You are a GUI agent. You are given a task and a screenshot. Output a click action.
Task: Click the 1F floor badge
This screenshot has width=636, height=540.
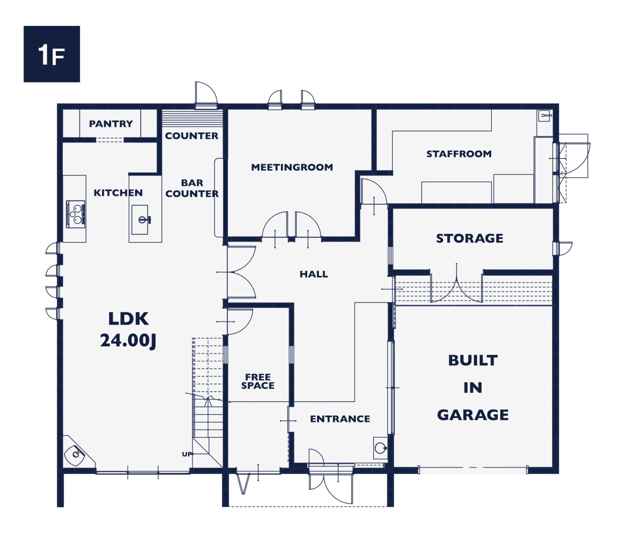click(52, 54)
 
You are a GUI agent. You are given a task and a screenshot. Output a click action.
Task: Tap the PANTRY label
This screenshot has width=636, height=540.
click(111, 123)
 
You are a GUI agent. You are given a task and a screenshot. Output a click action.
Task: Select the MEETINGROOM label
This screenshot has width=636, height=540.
click(292, 167)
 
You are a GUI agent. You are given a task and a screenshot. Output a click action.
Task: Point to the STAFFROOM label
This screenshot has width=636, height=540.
click(459, 154)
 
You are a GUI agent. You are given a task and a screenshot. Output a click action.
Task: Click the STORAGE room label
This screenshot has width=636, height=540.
click(470, 238)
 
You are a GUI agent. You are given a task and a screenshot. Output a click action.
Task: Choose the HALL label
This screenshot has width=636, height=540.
click(313, 274)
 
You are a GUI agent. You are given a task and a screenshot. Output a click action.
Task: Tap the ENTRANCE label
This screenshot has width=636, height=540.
click(340, 419)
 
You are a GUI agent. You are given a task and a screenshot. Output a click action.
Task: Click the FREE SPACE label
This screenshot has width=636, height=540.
click(258, 381)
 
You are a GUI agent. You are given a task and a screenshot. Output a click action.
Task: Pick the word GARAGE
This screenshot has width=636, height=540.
click(472, 414)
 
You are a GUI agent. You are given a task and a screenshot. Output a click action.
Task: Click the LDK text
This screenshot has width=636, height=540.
click(128, 319)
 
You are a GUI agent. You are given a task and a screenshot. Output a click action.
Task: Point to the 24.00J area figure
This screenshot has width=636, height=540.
click(128, 340)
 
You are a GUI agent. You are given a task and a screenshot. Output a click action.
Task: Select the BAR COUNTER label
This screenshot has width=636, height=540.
click(192, 188)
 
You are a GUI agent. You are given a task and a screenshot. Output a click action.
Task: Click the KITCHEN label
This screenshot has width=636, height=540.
click(118, 193)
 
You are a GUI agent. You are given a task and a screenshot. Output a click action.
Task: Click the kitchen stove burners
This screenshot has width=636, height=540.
click(76, 214)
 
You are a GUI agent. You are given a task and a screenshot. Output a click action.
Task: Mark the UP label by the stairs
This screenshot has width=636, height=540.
click(187, 454)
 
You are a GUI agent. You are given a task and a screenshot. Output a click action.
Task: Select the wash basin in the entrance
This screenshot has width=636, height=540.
click(380, 448)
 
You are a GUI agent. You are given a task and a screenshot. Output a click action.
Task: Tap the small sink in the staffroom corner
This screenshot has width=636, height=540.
click(544, 115)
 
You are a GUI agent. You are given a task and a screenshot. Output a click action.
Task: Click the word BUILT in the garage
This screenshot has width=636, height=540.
click(472, 360)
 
